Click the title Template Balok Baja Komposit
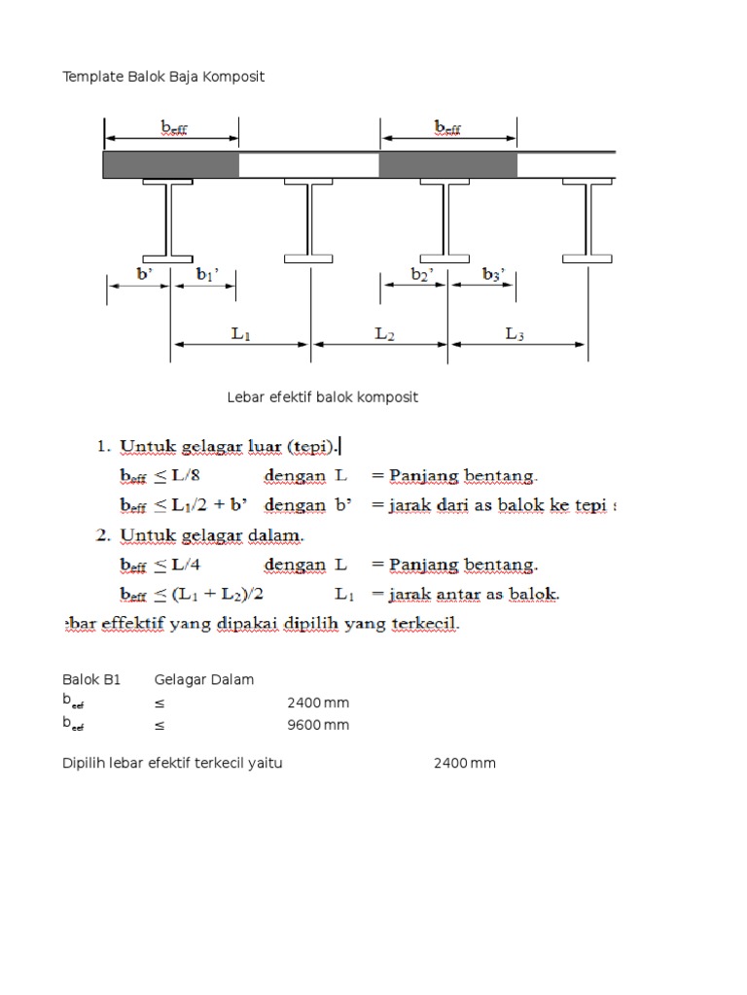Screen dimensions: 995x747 [163, 77]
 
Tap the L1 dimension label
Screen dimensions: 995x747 [241, 333]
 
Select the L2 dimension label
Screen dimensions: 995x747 [384, 333]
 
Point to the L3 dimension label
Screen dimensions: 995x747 [516, 333]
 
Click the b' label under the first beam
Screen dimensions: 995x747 [145, 275]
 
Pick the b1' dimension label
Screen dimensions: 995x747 [207, 275]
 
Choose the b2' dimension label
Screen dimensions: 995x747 [422, 275]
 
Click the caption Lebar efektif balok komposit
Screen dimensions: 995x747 [323, 397]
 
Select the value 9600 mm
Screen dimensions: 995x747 [317, 725]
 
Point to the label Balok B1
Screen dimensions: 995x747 [91, 680]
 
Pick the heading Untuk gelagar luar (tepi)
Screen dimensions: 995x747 [229, 447]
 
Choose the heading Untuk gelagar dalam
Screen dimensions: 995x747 [212, 535]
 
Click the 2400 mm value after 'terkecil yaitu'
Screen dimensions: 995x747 [464, 764]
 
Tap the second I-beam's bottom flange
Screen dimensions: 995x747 [309, 258]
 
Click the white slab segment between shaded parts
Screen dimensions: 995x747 [308, 165]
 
